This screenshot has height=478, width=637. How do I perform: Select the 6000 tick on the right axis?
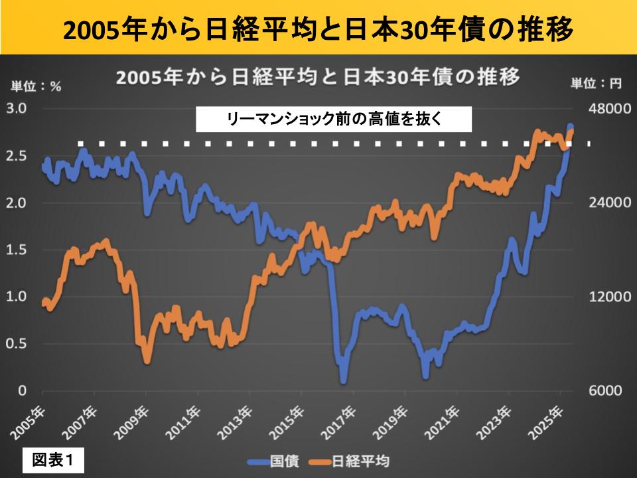click(x=606, y=390)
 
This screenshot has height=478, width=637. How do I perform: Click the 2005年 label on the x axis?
click(x=29, y=421)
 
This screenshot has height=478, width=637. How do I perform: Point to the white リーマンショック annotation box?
click(x=334, y=120)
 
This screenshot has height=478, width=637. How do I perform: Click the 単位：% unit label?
click(x=35, y=85)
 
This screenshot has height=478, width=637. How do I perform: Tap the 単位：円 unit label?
click(x=597, y=84)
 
